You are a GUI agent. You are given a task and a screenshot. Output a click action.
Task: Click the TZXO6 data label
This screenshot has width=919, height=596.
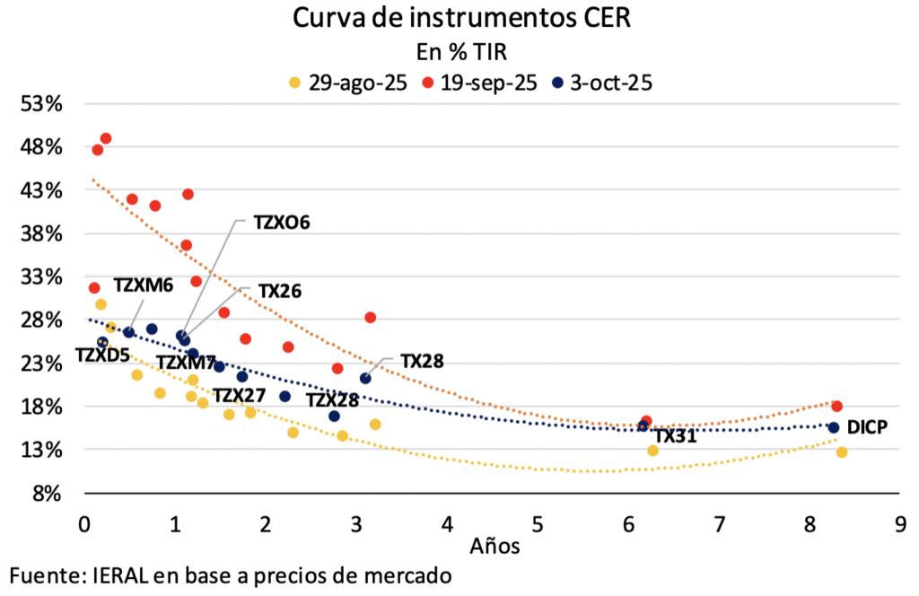(x=281, y=223)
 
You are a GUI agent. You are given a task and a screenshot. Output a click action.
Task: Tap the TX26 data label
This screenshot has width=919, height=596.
(x=279, y=291)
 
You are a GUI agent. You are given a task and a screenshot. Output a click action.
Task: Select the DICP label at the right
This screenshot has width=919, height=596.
(x=867, y=427)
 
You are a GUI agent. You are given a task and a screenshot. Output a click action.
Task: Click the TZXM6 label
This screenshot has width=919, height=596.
(x=143, y=285)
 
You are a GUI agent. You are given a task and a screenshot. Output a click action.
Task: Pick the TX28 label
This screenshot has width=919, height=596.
(x=422, y=361)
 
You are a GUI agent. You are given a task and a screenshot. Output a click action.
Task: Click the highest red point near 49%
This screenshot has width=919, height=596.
(x=106, y=138)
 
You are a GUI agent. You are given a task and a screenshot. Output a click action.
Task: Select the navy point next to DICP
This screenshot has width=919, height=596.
(x=833, y=427)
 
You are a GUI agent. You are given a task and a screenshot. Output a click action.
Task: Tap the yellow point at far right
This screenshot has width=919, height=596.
(x=842, y=451)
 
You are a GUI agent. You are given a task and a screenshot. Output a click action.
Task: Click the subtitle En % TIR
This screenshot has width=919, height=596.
(x=459, y=51)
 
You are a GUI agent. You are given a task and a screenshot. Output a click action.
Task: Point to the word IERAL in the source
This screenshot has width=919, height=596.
(x=123, y=574)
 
